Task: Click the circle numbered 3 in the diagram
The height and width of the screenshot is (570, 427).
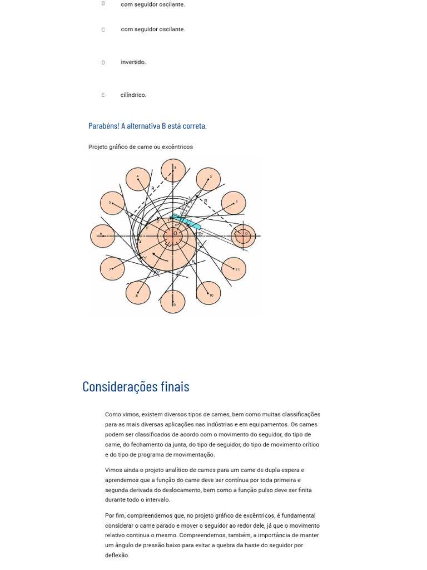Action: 173,170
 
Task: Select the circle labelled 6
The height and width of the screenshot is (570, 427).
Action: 102,236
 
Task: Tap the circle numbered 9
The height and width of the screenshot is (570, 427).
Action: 173,302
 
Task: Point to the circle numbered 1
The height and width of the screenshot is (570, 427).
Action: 234,203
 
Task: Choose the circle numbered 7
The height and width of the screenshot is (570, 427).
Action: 112,269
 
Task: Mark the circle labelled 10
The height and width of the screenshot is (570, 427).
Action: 208,293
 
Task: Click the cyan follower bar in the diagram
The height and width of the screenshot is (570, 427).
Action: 187,221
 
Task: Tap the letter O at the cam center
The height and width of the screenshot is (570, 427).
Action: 175,234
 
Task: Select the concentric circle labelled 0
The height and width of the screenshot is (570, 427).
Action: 243,236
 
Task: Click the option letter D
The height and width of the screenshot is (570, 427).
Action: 103,63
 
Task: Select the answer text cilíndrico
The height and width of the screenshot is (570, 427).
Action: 133,95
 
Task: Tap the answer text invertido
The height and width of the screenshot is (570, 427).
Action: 133,62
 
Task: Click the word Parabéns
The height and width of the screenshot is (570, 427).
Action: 103,126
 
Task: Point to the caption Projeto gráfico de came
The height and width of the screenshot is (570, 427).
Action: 141,147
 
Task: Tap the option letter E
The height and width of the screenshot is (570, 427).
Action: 103,95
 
